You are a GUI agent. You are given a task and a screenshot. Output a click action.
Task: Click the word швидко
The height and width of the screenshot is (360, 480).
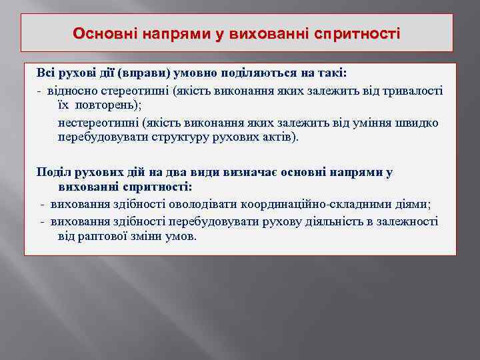click(x=421, y=123)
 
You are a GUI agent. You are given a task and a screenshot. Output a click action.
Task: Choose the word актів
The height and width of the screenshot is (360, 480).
click(x=281, y=138)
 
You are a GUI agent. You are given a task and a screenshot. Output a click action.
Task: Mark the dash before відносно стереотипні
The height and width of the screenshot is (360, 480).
click(x=41, y=90)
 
